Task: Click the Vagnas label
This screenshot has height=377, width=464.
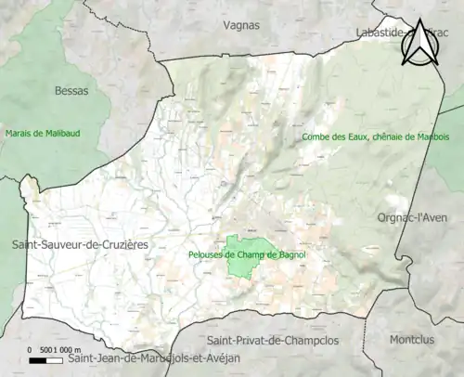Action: pyautogui.click(x=242, y=27)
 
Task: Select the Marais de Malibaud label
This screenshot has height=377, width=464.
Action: pyautogui.click(x=43, y=134)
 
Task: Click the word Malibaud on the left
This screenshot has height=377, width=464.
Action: pyautogui.click(x=60, y=134)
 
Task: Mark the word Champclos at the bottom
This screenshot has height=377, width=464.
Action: pyautogui.click(x=308, y=341)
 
